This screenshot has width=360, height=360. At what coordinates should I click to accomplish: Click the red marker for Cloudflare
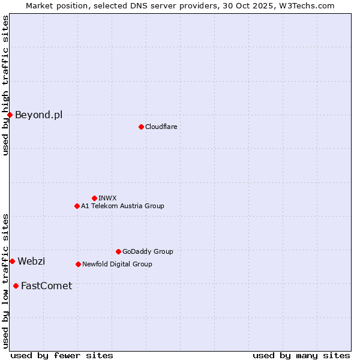[141, 127]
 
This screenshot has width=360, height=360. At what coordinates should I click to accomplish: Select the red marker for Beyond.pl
[10, 115]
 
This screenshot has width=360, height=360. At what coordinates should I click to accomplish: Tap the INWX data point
[94, 198]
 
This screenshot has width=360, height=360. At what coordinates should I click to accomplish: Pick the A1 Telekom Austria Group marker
[77, 206]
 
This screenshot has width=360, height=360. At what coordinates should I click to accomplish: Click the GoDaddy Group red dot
[118, 251]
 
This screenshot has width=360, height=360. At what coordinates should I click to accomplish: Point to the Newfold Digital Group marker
[78, 264]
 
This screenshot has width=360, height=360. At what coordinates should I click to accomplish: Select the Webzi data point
[12, 261]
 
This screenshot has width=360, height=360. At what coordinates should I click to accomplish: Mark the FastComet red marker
[16, 286]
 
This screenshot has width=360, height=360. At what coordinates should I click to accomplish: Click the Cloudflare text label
[161, 127]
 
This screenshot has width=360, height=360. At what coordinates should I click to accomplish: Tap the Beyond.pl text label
[38, 115]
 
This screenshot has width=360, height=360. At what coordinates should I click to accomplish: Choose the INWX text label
[107, 198]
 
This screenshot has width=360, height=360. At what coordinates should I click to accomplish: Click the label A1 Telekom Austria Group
[122, 206]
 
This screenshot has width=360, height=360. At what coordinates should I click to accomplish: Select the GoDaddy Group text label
[148, 251]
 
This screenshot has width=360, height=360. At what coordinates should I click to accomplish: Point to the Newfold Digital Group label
[117, 264]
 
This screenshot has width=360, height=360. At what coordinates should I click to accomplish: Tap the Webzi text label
[31, 261]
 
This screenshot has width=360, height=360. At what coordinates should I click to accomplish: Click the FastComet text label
[46, 286]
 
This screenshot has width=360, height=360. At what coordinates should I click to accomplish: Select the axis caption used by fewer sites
[62, 355]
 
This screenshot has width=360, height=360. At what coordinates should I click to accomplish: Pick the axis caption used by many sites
[301, 355]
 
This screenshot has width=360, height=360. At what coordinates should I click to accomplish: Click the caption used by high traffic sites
[5, 85]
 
